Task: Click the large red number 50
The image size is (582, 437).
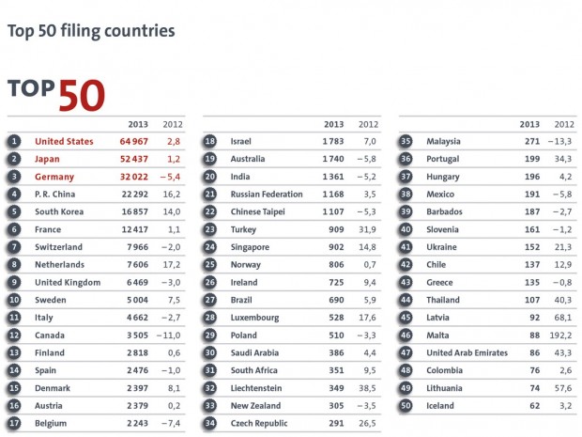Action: (x=82, y=96)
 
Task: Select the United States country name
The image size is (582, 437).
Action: (x=64, y=142)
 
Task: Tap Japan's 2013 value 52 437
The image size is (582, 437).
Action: (x=134, y=159)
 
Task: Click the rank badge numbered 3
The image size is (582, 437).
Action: (x=14, y=177)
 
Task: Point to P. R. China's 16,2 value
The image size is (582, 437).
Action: (x=172, y=195)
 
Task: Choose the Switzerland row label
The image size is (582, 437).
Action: (x=58, y=247)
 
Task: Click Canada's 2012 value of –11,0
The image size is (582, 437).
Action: (x=169, y=336)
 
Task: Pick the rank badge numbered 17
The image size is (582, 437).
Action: (x=14, y=423)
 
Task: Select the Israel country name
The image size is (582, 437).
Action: (x=241, y=142)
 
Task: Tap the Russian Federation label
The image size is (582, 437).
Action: (x=267, y=195)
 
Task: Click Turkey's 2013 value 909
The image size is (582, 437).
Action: (x=336, y=229)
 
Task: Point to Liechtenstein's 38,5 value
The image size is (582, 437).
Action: (x=367, y=388)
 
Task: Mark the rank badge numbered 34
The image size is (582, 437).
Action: (x=210, y=423)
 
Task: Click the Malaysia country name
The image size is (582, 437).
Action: (x=443, y=142)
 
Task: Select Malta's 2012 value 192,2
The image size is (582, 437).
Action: (x=560, y=336)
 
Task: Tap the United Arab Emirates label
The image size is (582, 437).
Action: (x=467, y=353)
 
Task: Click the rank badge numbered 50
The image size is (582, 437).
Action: (x=406, y=406)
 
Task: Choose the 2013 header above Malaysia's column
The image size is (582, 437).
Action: (x=529, y=124)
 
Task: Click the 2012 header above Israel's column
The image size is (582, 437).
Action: (x=368, y=124)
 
